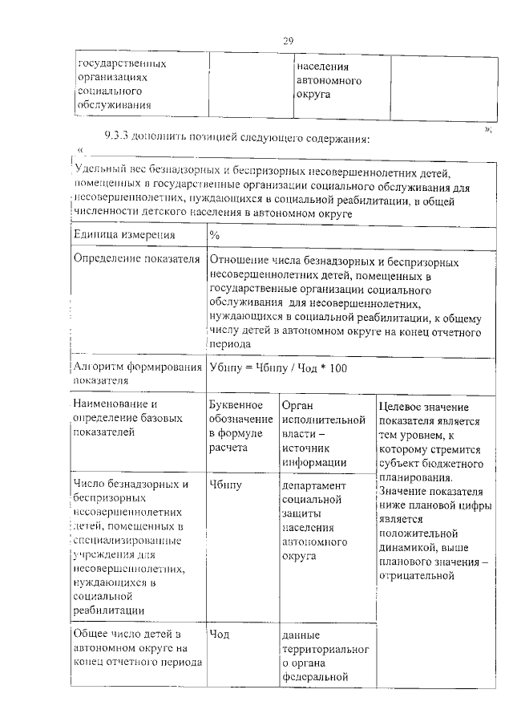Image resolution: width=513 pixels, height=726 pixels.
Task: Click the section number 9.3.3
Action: (x=117, y=137)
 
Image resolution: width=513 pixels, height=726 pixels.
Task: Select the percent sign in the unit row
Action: (x=214, y=235)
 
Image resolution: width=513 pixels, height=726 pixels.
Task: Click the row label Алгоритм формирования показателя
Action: (x=135, y=374)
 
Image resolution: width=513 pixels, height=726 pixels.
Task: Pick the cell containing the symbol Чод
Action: (x=219, y=635)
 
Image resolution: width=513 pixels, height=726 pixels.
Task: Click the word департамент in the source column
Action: (x=314, y=485)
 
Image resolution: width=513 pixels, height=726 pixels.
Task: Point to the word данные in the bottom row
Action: (x=301, y=635)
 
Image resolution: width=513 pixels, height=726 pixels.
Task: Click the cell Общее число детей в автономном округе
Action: (x=132, y=648)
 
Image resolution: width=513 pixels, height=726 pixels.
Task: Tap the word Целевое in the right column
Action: (x=402, y=408)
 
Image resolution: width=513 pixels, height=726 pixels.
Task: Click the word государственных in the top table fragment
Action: (x=122, y=63)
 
